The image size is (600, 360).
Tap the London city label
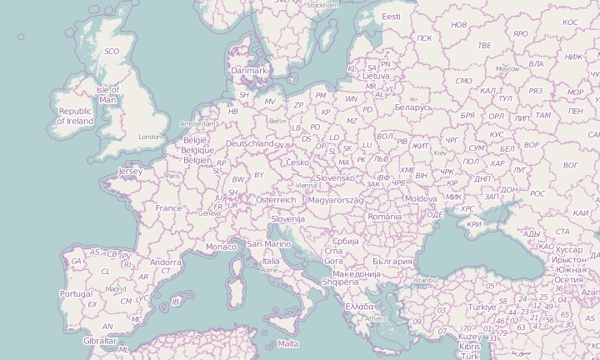coord(150,137)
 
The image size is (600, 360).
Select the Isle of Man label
coord(108,94)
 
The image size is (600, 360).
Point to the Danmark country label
coord(249,71)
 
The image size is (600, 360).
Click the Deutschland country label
coord(250,143)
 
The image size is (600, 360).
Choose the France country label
coord(168,208)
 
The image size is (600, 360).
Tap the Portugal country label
coord(76,293)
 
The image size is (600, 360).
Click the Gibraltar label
coord(100,341)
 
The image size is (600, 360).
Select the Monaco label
coord(221,247)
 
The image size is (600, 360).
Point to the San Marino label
coord(268,244)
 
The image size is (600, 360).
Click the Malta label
coord(288,343)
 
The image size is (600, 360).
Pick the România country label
coord(384,217)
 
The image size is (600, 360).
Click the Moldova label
coord(420,199)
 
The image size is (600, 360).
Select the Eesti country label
coord(391,17)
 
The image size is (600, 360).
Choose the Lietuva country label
coord(376,76)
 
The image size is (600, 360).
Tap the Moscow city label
coord(507,68)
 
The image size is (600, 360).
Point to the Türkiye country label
coord(481,307)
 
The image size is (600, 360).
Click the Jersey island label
coord(131,171)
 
